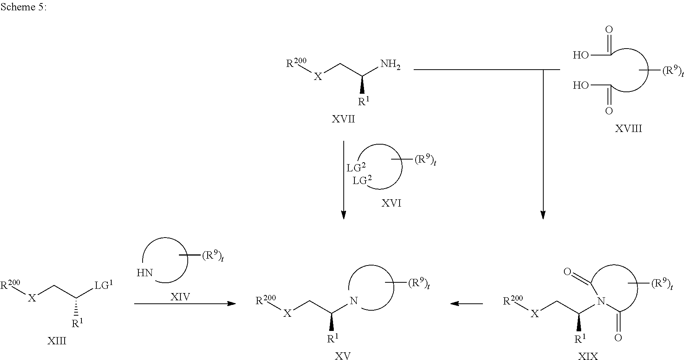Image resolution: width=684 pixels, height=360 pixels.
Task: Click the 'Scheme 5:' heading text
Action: [23, 7]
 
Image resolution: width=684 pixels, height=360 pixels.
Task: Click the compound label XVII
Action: [343, 119]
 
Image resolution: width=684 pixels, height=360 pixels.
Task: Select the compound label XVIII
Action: [628, 129]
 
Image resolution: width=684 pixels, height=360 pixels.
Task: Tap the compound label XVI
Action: [392, 203]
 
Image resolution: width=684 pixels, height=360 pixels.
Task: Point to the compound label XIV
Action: [180, 296]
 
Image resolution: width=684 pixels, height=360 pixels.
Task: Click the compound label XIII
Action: [57, 341]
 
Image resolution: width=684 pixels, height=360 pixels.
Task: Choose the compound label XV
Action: [343, 356]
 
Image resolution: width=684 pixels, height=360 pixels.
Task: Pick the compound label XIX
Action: [588, 356]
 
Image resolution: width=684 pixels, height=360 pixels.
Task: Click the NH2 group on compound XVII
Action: [390, 65]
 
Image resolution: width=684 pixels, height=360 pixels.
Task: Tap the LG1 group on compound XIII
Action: [104, 285]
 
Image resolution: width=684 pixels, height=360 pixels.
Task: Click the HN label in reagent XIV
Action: [145, 273]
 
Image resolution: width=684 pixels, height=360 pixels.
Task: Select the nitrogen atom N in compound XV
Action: [354, 301]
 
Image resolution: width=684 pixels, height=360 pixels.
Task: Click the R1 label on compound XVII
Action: [364, 101]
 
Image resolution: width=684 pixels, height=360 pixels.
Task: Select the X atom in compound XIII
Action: [32, 298]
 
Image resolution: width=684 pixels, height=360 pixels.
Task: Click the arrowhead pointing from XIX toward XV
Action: [454, 304]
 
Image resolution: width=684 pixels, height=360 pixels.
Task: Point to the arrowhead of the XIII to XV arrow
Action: [232, 304]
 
